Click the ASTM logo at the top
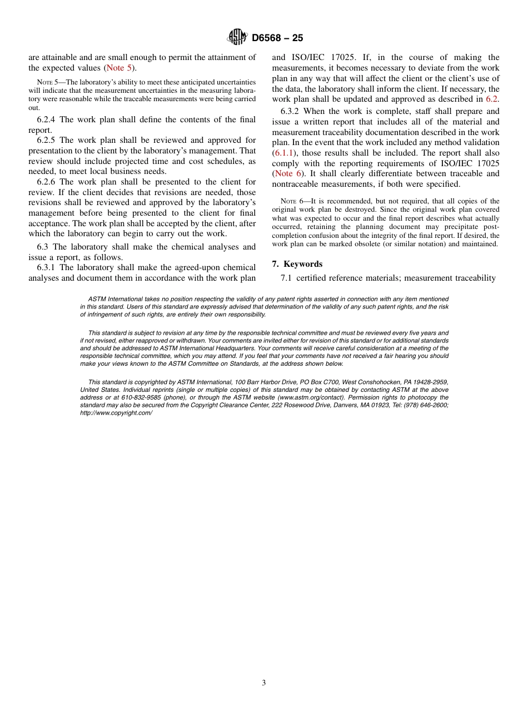[x=238, y=37]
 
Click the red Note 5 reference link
[x=119, y=68]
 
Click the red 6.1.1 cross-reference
[x=283, y=153]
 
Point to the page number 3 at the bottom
[x=264, y=683]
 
